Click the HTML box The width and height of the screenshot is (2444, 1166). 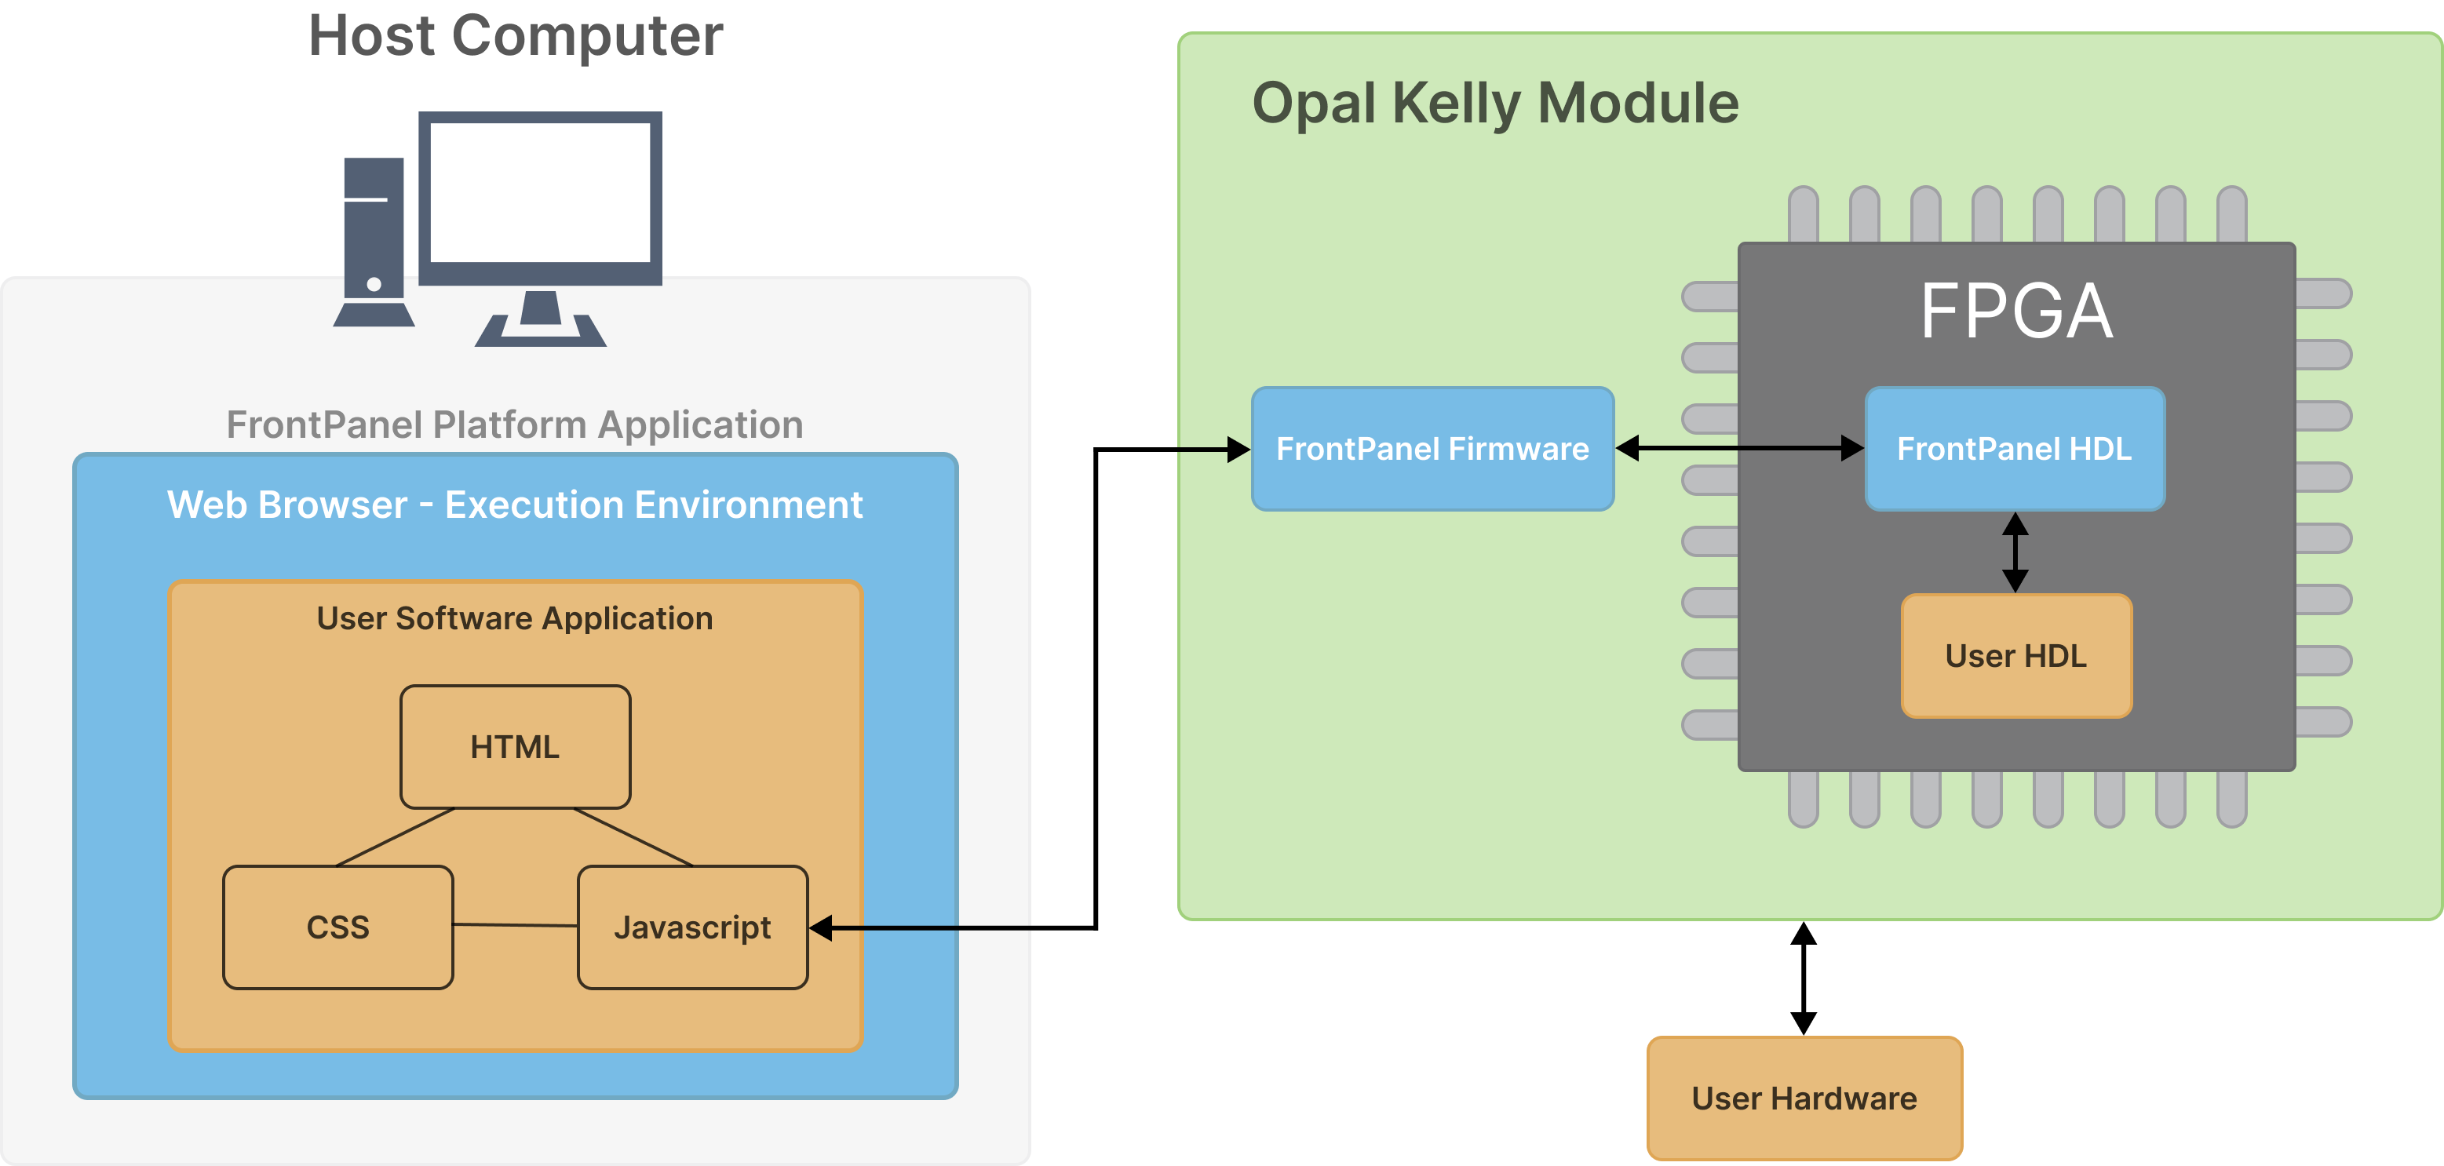click(x=515, y=747)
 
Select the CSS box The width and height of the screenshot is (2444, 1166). click(x=337, y=927)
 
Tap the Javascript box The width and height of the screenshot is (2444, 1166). click(x=692, y=927)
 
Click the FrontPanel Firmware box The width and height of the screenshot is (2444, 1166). click(x=1432, y=449)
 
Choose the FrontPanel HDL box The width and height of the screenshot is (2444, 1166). click(x=2014, y=449)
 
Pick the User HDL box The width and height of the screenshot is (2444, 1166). click(x=2016, y=655)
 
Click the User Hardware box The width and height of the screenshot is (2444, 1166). click(x=1804, y=1098)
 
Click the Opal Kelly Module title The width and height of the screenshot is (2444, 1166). click(x=1495, y=103)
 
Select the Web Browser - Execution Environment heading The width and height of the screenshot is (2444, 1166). click(x=514, y=505)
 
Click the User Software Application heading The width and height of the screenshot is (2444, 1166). click(x=514, y=618)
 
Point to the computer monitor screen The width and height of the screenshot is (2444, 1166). click(x=540, y=194)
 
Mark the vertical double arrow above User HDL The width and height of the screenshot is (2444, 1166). click(x=2015, y=552)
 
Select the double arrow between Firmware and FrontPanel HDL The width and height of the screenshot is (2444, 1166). click(x=1739, y=448)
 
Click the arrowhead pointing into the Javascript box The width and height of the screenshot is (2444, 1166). click(x=822, y=928)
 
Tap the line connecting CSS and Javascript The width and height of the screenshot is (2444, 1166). click(x=515, y=925)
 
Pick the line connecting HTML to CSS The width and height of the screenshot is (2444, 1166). click(x=396, y=836)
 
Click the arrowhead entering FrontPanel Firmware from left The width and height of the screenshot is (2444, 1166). click(x=1238, y=449)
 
